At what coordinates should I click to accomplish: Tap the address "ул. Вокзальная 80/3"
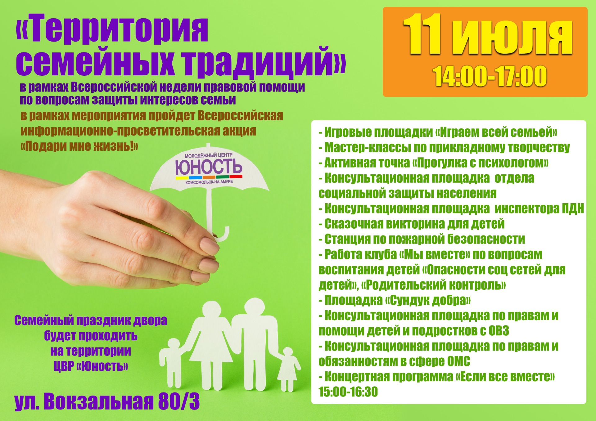[x=107, y=402]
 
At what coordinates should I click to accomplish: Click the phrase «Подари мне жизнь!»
[x=79, y=146]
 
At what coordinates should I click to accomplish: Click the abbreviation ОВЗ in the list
[x=499, y=331]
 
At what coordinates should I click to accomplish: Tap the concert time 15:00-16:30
[x=348, y=392]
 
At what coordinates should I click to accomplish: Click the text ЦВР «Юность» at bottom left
[x=91, y=366]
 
